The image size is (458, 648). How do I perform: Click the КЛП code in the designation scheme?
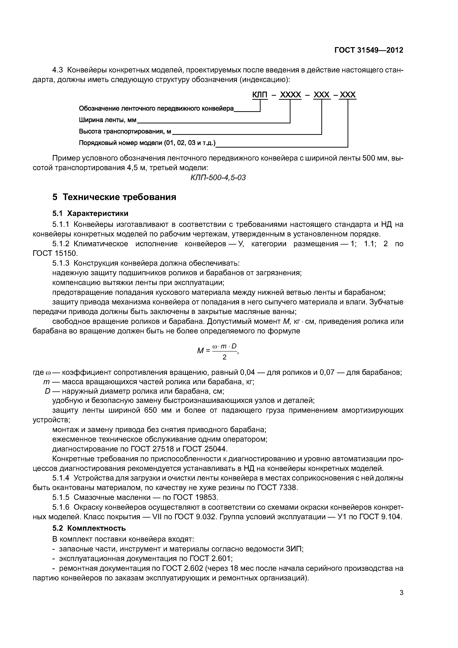click(260, 95)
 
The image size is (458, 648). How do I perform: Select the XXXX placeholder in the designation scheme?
click(290, 95)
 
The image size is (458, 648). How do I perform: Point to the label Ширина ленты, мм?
click(107, 120)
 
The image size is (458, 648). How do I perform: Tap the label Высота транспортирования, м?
click(125, 132)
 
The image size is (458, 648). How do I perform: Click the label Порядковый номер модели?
click(147, 143)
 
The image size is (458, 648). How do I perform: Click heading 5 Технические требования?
click(114, 197)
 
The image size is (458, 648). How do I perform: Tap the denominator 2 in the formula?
click(225, 357)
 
